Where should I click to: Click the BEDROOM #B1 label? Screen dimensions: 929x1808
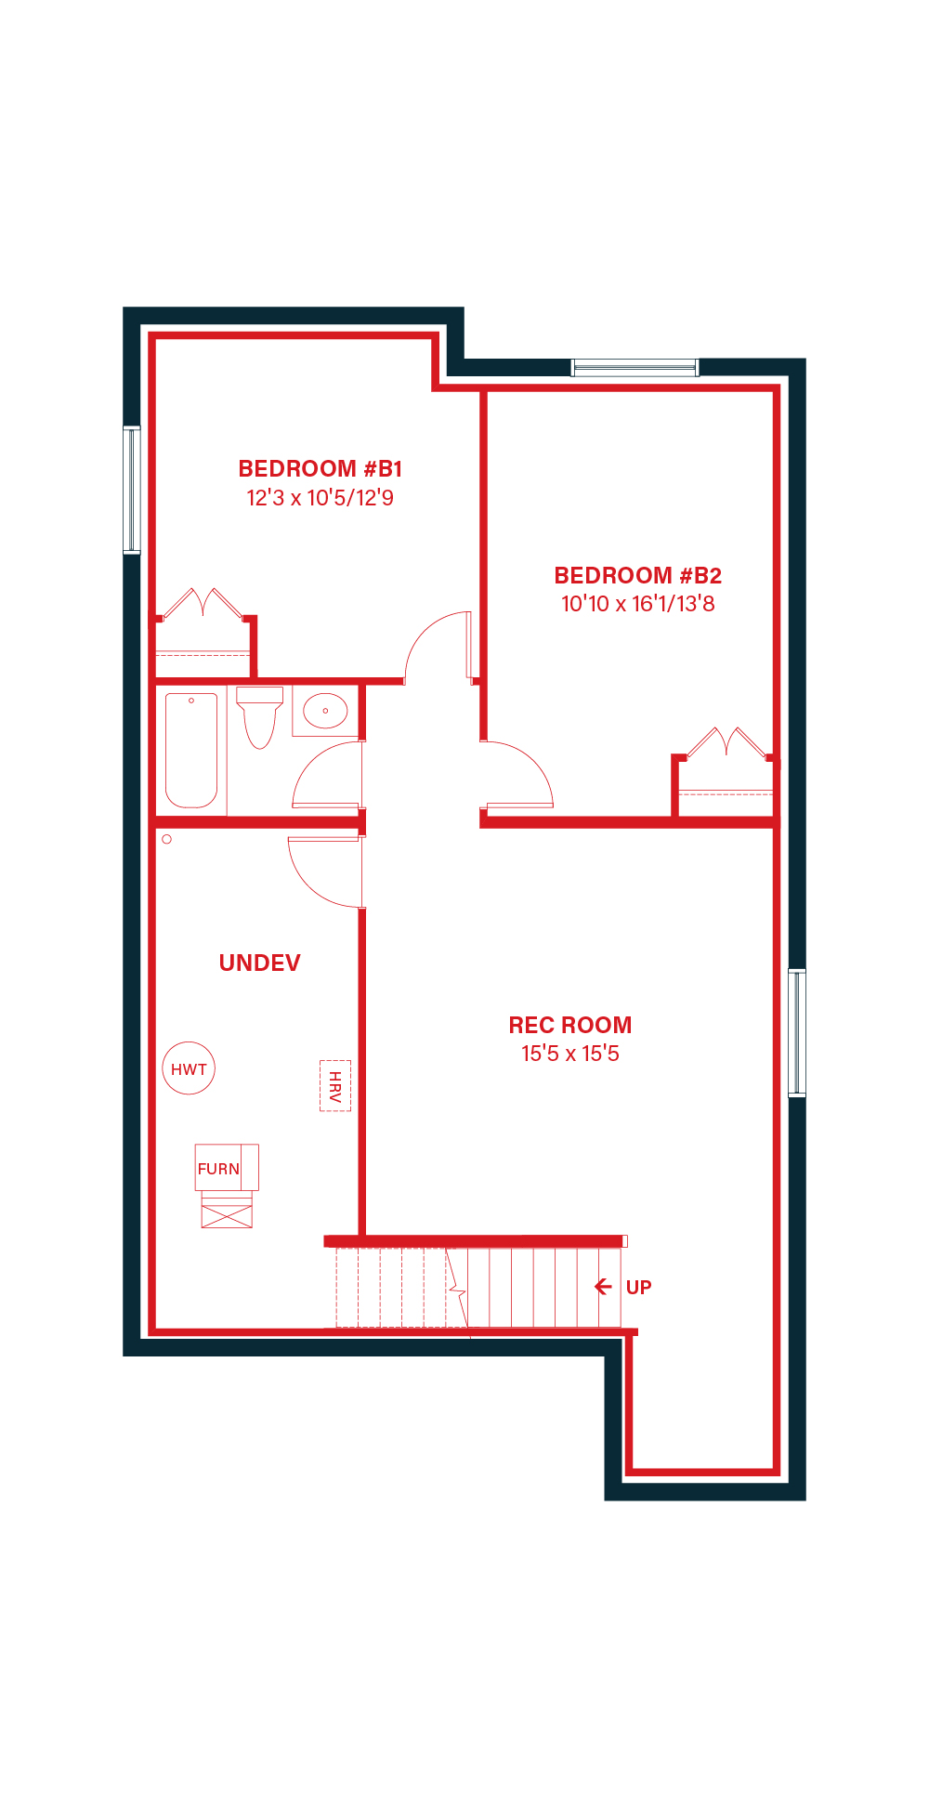coord(320,468)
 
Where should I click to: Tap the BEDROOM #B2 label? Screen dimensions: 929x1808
coord(637,575)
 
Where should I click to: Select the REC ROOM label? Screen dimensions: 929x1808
coord(569,1025)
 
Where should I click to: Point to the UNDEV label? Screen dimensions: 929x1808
coord(259,963)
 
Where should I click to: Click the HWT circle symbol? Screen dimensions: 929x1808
coord(189,1068)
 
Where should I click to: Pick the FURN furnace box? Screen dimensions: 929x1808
coord(227,1168)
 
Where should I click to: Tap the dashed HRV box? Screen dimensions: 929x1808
coord(335,1085)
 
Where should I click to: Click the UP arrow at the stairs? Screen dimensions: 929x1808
coord(603,1287)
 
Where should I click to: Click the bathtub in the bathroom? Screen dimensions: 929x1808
coord(191,751)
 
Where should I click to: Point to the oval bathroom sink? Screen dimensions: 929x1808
coord(325,711)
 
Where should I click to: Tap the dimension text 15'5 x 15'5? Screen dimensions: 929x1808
coord(569,1054)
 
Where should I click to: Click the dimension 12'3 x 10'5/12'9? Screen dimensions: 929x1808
coord(320,498)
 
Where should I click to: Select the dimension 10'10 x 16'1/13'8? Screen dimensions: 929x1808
coord(637,604)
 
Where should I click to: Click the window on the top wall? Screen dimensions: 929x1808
coord(635,368)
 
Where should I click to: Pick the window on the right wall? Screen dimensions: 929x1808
coord(797,1033)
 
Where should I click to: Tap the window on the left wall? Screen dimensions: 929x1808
coord(132,490)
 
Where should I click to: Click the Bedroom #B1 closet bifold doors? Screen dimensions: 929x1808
coord(203,604)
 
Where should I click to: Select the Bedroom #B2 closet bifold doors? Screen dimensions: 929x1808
coord(726,742)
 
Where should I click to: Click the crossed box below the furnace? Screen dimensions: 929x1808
coord(227,1216)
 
